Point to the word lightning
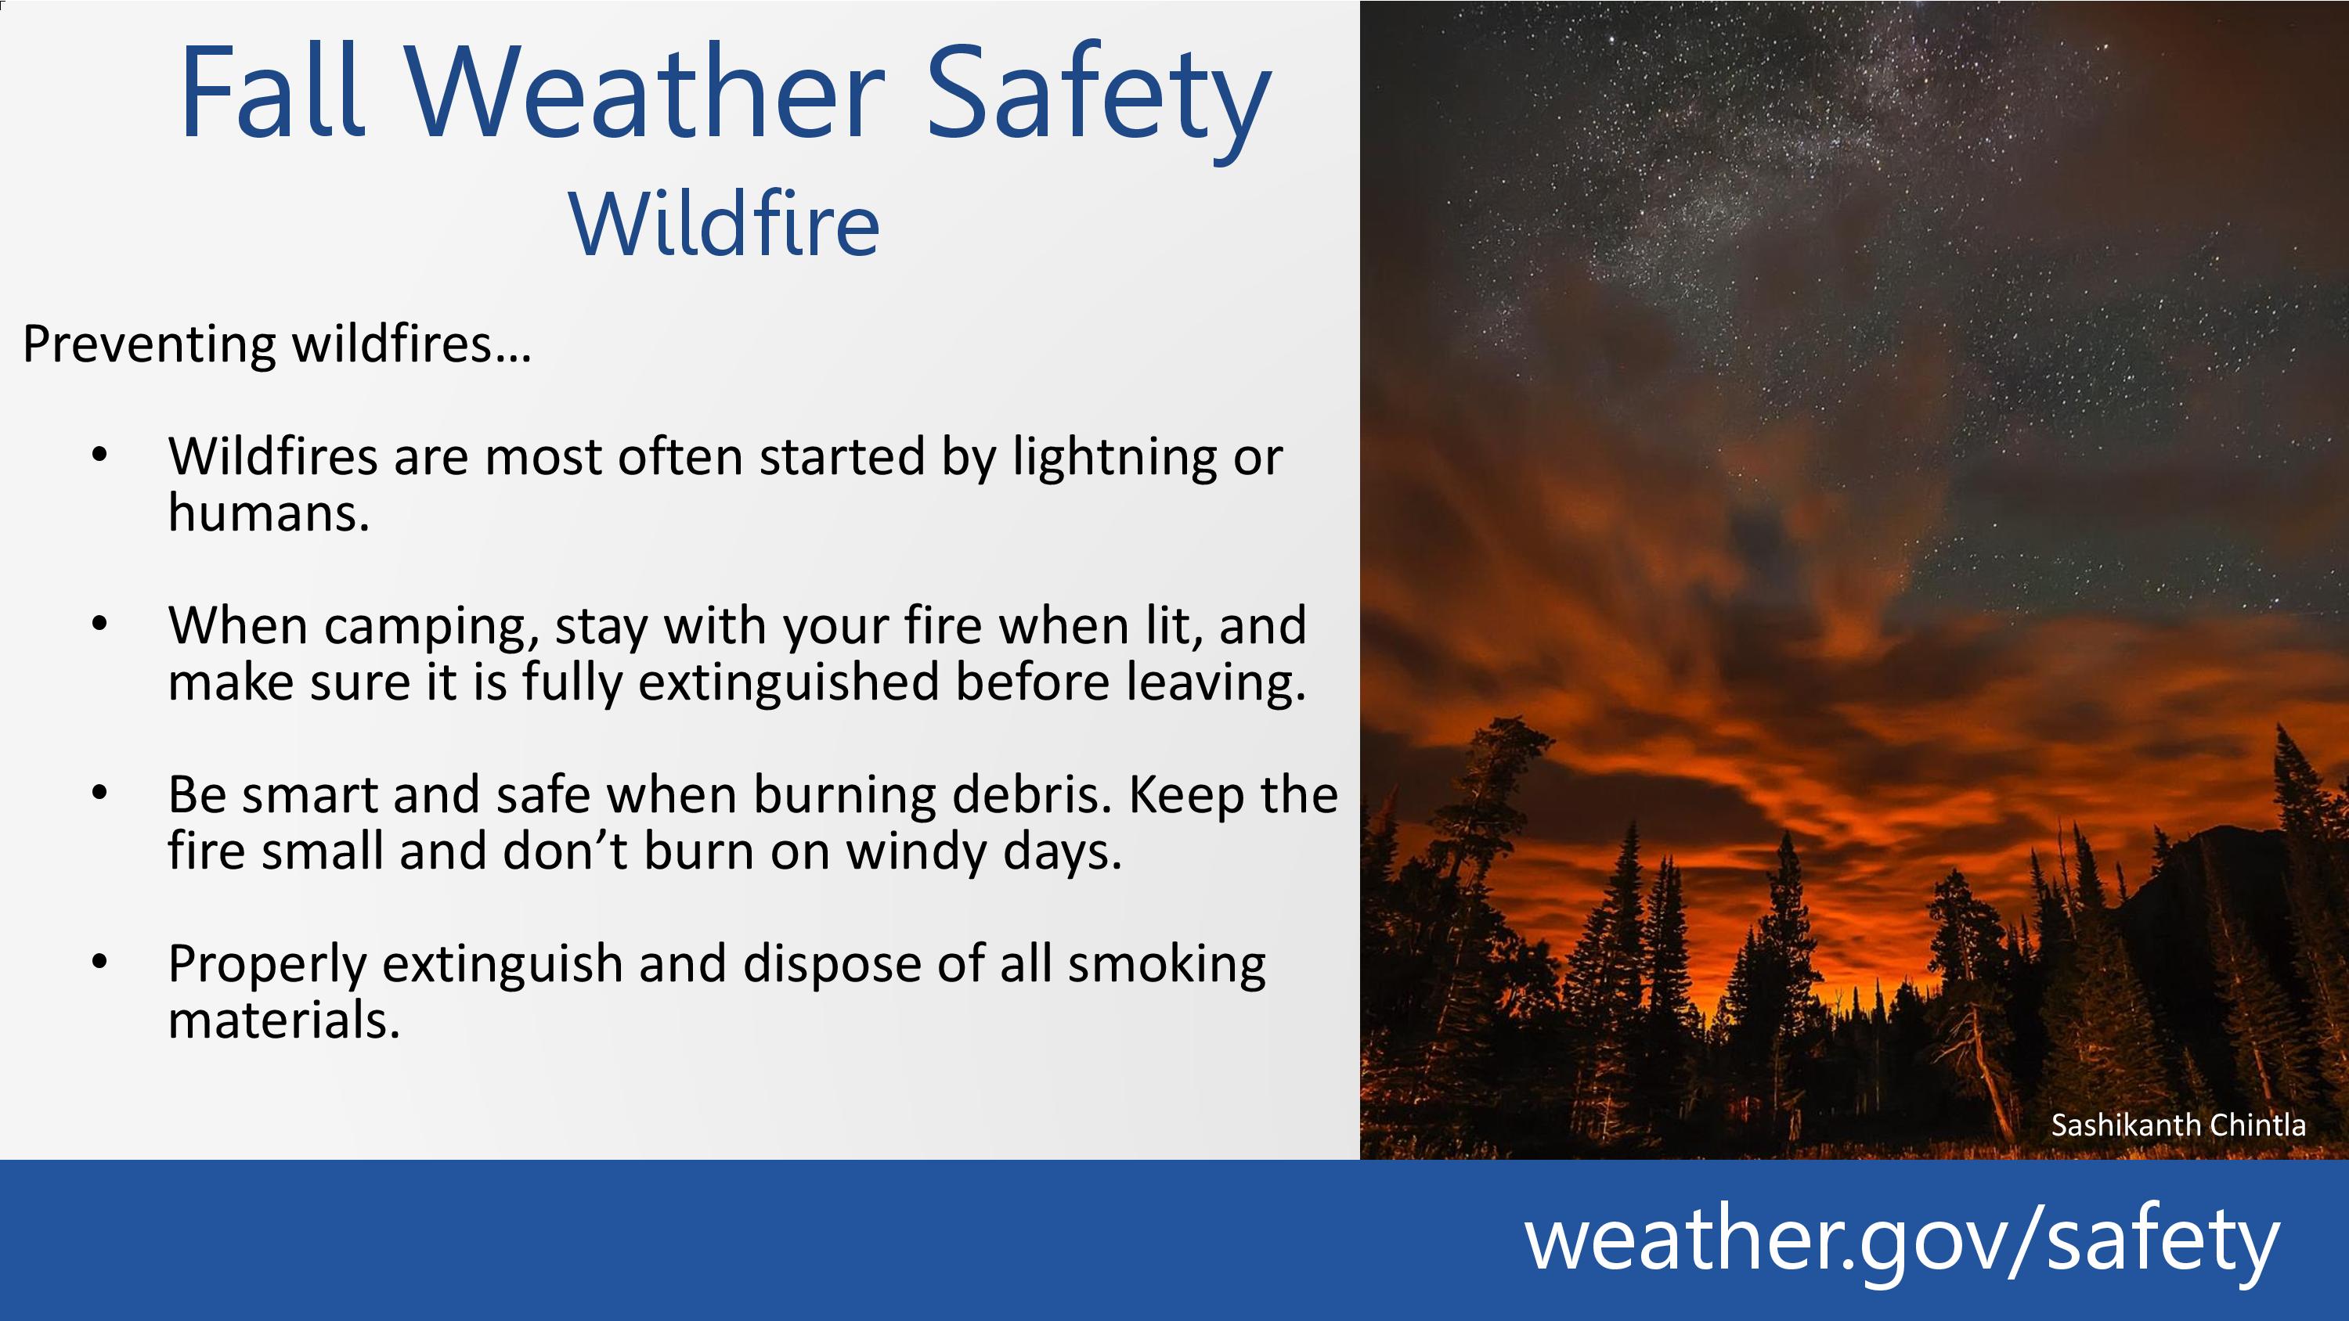click(x=1115, y=458)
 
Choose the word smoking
click(x=1167, y=966)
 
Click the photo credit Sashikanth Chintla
click(x=2178, y=1125)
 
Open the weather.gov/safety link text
click(x=1902, y=1240)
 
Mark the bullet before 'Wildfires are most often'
click(x=99, y=455)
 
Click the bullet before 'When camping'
click(x=99, y=625)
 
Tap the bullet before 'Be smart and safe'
click(x=99, y=793)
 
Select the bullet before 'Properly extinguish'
click(x=99, y=963)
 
